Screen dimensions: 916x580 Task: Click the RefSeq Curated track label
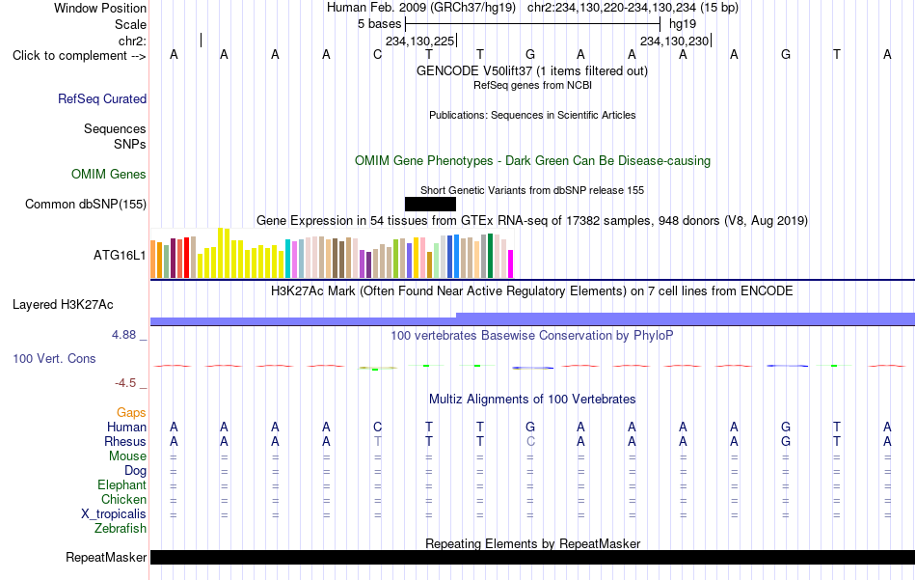[102, 98]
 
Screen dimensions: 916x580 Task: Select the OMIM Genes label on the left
[109, 175]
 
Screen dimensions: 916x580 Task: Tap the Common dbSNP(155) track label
[86, 204]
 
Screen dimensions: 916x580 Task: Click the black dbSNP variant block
[431, 204]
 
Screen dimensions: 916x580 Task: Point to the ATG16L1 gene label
[120, 255]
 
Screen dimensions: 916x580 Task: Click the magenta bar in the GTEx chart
[511, 263]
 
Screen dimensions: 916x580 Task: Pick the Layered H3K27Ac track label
[63, 305]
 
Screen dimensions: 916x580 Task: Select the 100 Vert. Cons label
[54, 358]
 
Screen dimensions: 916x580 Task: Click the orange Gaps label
[131, 413]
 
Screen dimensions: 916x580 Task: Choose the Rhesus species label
[125, 441]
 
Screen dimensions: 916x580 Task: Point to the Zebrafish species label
[121, 529]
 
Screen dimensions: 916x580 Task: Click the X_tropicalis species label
[114, 514]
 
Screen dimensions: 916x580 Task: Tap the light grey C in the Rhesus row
[530, 441]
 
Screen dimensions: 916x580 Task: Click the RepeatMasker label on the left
[106, 557]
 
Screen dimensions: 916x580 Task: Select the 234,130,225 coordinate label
[419, 41]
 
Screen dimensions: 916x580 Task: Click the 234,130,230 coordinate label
[674, 41]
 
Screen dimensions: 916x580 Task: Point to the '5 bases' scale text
[380, 24]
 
